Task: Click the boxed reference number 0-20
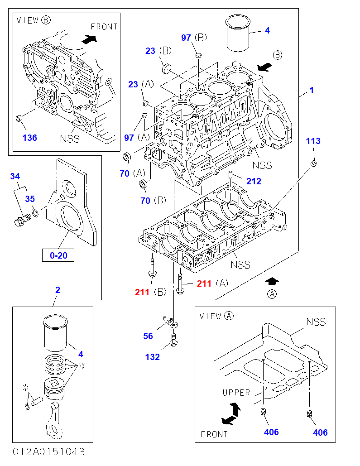click(x=58, y=255)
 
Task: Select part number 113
click(x=313, y=141)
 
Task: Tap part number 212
click(x=254, y=181)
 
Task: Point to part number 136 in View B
click(x=30, y=138)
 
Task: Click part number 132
click(x=153, y=357)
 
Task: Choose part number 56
click(x=148, y=336)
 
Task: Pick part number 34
click(x=15, y=176)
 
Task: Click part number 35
click(x=30, y=199)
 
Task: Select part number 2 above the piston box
click(x=58, y=290)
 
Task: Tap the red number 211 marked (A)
click(x=204, y=283)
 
